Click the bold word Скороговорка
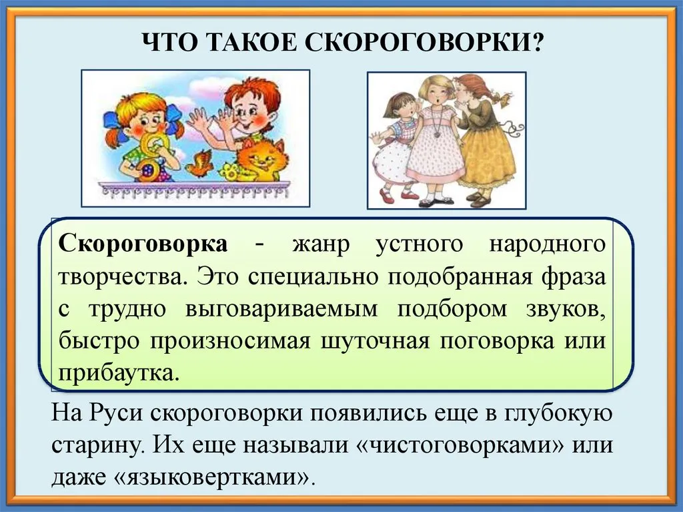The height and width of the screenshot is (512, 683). [x=143, y=244]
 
